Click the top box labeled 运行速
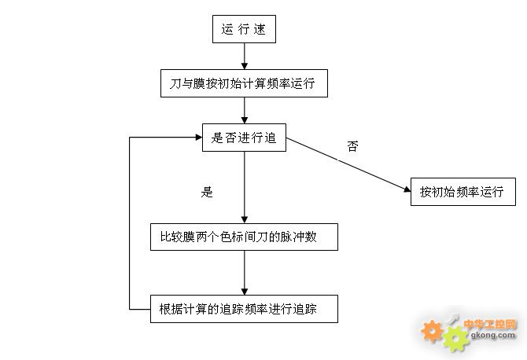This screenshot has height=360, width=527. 244,30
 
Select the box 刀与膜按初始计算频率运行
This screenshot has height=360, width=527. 243,83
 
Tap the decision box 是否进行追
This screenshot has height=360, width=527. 243,138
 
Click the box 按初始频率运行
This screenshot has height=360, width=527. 462,191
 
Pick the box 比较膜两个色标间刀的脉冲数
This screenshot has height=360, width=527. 244,237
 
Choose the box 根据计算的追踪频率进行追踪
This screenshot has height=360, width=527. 244,308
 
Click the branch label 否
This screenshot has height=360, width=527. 352,146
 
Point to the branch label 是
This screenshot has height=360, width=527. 208,191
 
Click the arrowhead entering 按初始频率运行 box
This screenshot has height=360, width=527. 406,189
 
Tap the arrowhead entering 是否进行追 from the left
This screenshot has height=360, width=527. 198,137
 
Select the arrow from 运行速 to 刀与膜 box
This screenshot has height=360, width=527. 244,55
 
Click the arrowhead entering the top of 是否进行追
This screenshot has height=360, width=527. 244,119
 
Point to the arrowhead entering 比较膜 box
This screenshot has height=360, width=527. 244,219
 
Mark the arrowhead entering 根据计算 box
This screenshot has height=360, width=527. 244,290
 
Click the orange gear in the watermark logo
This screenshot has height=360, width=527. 432,331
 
